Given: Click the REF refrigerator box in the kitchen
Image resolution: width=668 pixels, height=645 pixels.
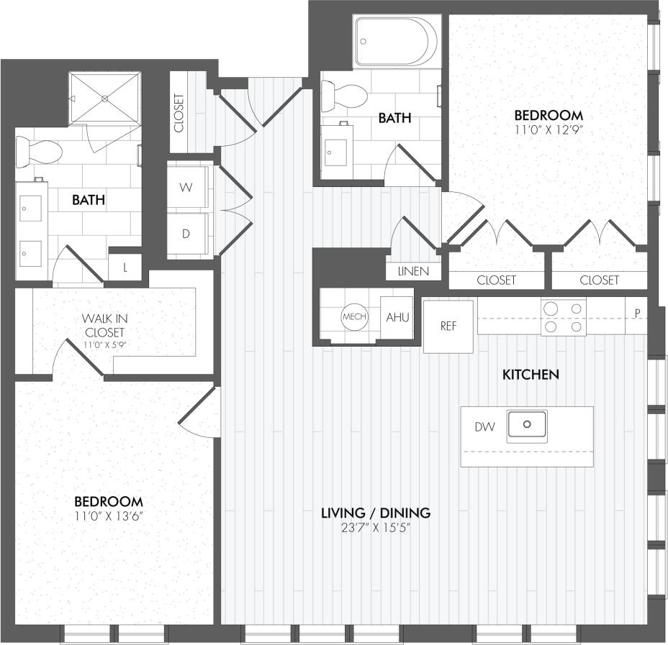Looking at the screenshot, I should [x=448, y=326].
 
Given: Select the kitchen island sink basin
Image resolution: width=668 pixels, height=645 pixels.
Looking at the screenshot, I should [x=526, y=425].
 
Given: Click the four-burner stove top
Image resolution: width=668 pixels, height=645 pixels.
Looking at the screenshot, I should [x=563, y=317].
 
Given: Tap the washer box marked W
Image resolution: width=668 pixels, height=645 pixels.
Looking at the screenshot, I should [x=186, y=188].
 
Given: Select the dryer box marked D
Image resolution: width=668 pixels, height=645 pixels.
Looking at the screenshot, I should [x=186, y=234].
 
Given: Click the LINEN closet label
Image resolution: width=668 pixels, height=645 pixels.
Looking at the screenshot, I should [x=413, y=271].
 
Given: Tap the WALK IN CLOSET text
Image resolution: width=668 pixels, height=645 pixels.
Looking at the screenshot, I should [x=104, y=325].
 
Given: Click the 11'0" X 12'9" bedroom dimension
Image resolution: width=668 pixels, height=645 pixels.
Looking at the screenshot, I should [x=548, y=130].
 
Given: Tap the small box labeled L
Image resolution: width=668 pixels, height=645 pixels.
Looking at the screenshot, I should [x=125, y=268].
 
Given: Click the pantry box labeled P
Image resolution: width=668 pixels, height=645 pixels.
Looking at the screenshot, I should [x=637, y=313].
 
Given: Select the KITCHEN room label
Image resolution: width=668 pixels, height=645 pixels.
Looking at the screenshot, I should [x=531, y=375].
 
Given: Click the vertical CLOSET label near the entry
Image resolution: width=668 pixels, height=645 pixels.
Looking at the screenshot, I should [x=179, y=114].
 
